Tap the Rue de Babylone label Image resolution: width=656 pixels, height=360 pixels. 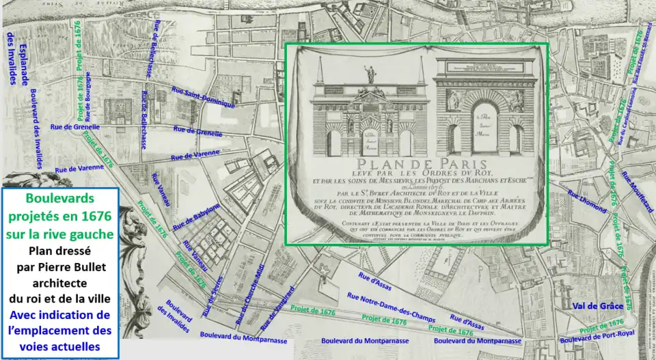[x=197, y=216]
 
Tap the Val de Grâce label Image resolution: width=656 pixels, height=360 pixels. [x=599, y=306]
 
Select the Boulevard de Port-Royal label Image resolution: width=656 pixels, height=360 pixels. [x=597, y=335]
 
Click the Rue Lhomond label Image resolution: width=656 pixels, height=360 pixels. [x=583, y=203]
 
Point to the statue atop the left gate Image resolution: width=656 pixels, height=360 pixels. [x=370, y=72]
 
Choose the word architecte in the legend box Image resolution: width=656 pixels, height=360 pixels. [x=61, y=283]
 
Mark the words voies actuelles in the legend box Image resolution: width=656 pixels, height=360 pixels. [x=61, y=346]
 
